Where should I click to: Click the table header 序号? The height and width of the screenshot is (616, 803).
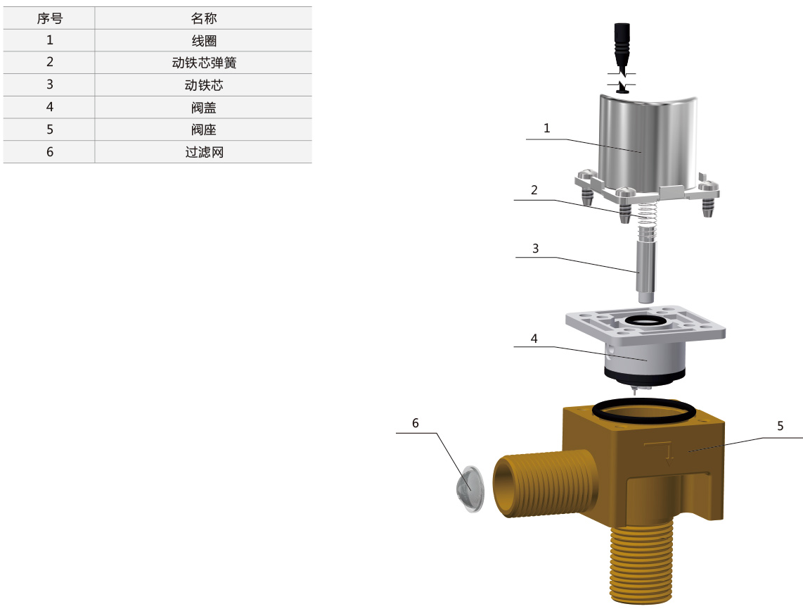[x=50, y=18]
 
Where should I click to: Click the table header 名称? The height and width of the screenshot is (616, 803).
[x=204, y=18]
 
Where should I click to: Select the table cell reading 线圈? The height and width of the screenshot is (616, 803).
[x=204, y=41]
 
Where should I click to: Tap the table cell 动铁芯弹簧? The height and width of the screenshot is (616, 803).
[x=204, y=63]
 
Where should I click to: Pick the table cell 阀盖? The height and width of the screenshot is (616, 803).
[x=204, y=108]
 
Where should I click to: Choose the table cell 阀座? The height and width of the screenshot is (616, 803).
[x=204, y=130]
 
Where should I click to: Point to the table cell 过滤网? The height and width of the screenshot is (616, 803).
[x=204, y=152]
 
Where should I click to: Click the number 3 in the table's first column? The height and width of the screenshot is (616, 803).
[x=50, y=84]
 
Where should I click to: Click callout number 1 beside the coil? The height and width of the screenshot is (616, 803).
[x=546, y=128]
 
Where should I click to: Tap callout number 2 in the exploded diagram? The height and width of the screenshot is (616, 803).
[x=534, y=190]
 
